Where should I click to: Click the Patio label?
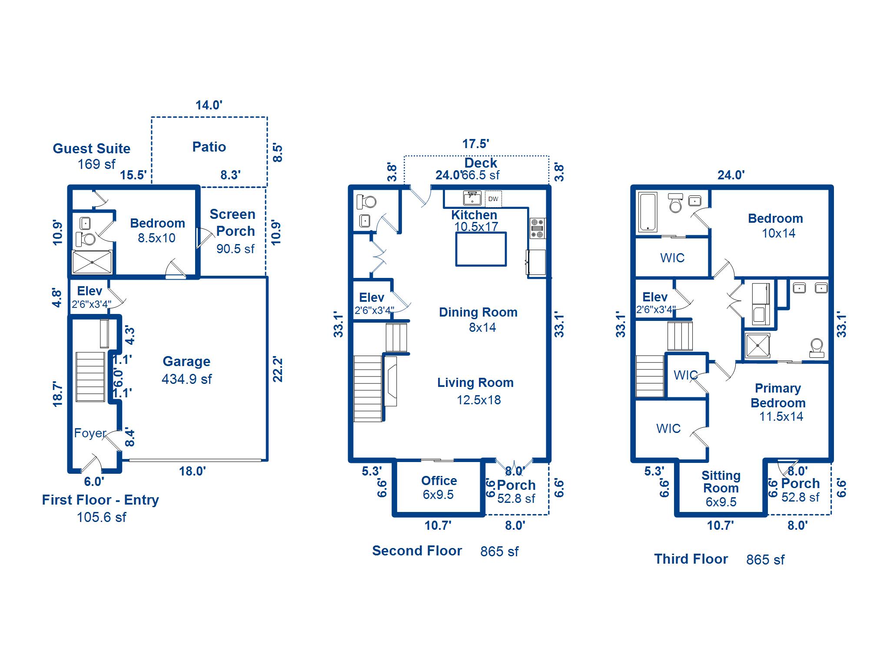209,147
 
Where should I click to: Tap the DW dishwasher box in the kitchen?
493,199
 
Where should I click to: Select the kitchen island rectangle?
481,249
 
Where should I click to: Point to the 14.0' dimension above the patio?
209,105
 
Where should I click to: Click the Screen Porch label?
233,222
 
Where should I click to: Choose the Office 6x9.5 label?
439,487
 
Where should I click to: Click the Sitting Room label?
721,482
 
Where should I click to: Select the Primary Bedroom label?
778,395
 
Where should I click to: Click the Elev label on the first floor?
90,291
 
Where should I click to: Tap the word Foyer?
90,433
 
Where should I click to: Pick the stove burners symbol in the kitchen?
538,228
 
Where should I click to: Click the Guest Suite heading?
91,149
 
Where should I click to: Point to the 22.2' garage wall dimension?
277,369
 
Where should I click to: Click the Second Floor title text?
417,551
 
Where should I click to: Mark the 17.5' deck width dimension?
475,144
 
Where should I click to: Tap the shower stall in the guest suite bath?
92,262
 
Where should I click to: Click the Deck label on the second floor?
481,163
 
